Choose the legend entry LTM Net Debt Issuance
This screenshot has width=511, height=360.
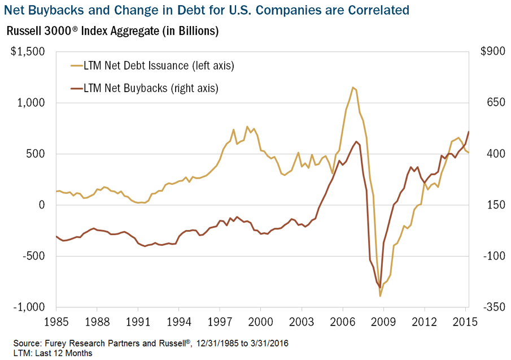[158, 66]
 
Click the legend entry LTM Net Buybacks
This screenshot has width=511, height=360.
[150, 88]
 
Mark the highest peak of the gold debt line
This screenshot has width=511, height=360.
[352, 87]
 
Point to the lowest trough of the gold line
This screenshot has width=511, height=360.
[381, 296]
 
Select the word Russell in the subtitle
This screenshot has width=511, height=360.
[25, 32]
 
